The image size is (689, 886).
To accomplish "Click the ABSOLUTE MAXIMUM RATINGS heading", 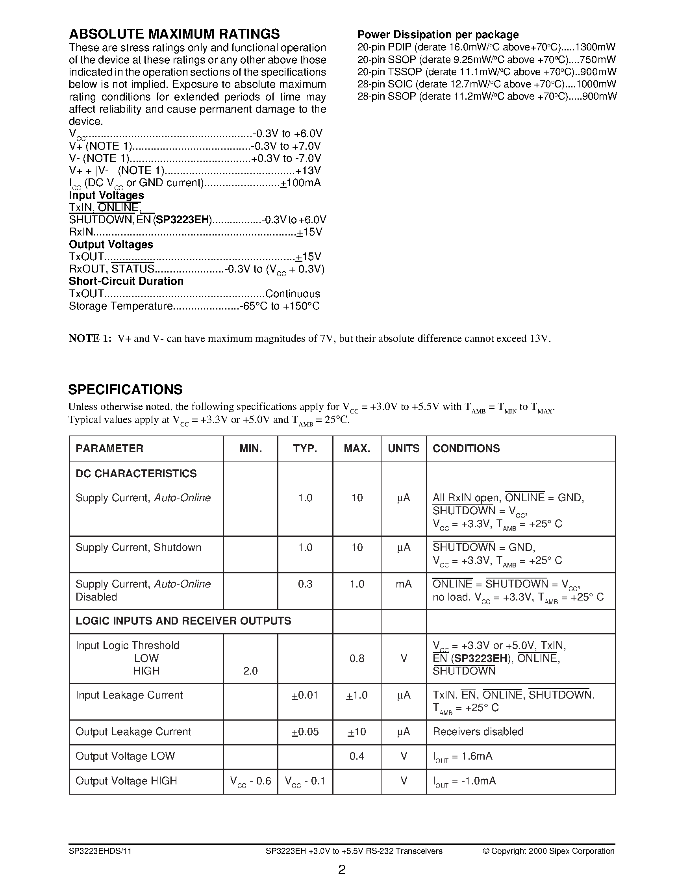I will point(174,34).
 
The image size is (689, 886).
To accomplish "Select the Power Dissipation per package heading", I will point(437,35).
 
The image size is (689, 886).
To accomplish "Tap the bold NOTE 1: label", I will point(90,338).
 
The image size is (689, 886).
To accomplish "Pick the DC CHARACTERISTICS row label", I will point(136,473).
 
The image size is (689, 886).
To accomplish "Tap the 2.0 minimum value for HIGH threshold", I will point(250,671).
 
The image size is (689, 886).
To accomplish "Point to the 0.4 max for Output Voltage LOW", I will point(356,756).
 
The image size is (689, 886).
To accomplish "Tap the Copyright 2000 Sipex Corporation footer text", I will point(548,851).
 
